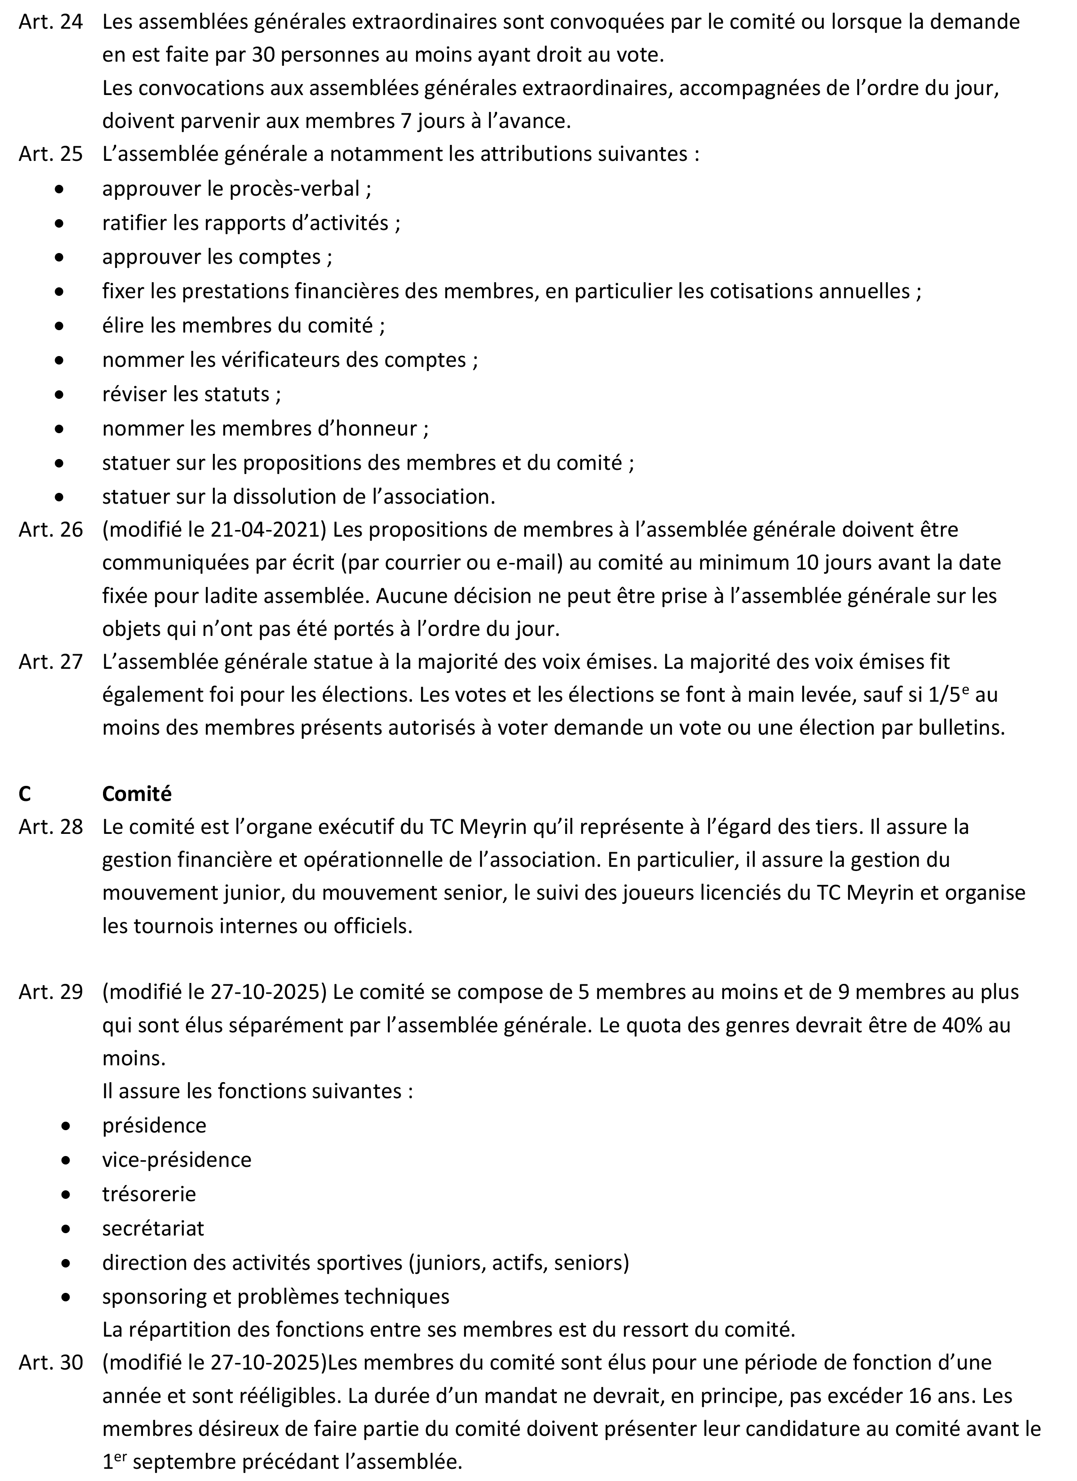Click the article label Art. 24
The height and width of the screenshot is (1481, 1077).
tap(50, 22)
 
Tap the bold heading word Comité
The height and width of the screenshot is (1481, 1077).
tap(136, 793)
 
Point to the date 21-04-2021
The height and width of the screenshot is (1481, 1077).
tap(267, 530)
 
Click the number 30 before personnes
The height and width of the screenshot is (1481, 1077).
tap(264, 55)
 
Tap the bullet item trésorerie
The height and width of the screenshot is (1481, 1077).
tap(149, 1194)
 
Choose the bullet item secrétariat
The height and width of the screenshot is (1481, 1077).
tap(153, 1228)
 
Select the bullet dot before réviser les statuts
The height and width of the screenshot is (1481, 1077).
tap(59, 395)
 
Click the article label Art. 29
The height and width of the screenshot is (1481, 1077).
tap(50, 992)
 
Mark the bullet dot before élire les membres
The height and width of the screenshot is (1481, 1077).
tap(59, 326)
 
